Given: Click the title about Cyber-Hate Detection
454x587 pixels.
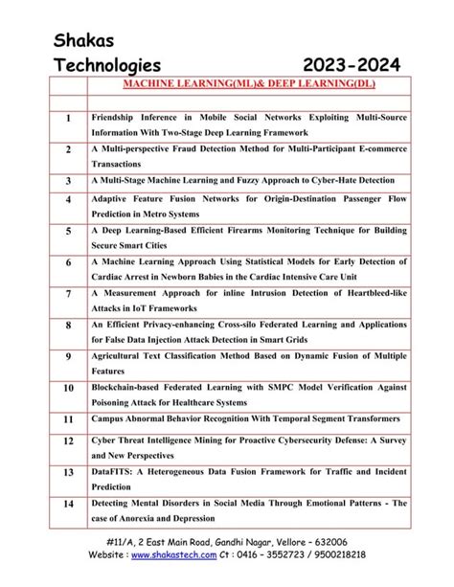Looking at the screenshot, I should click(x=243, y=180).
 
